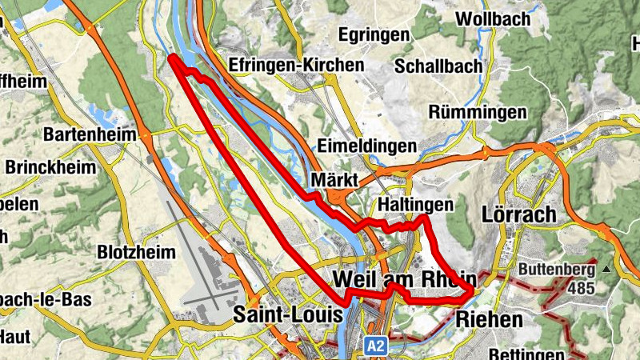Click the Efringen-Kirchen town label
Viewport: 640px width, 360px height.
(295, 64)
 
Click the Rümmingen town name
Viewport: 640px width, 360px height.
(478, 112)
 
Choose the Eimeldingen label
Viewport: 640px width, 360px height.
(367, 146)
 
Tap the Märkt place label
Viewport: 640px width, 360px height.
(335, 178)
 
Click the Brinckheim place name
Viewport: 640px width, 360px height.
(50, 168)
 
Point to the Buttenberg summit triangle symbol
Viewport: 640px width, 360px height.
(606, 270)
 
